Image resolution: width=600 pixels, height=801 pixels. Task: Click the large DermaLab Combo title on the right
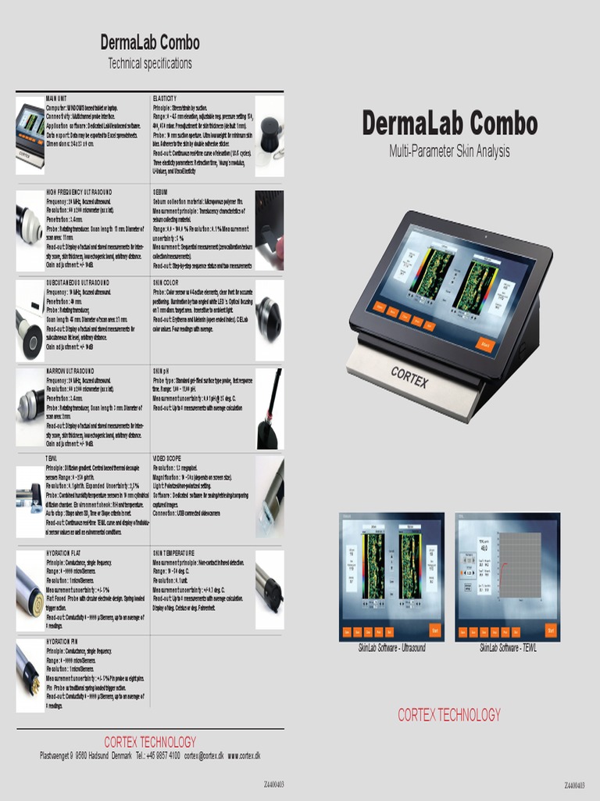[449, 124]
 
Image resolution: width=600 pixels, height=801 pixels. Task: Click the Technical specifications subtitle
[150, 63]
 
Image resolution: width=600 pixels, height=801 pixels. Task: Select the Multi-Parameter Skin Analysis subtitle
[449, 151]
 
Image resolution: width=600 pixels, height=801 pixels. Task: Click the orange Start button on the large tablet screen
[484, 344]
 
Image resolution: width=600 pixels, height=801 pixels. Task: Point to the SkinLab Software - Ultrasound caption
[391, 648]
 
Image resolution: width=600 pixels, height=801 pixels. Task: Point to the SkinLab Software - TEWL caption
[508, 648]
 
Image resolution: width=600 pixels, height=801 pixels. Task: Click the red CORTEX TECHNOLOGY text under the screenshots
[449, 714]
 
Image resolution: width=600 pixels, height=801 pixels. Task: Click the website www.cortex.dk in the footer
[244, 756]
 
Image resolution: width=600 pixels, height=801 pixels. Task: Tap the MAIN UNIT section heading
[62, 99]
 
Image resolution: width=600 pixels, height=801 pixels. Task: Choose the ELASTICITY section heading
[165, 99]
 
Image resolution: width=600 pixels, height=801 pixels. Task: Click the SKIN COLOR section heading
[166, 282]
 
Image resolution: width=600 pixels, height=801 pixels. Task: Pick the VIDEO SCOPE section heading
[167, 458]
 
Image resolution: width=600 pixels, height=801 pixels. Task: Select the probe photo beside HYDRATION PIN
[30, 674]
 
